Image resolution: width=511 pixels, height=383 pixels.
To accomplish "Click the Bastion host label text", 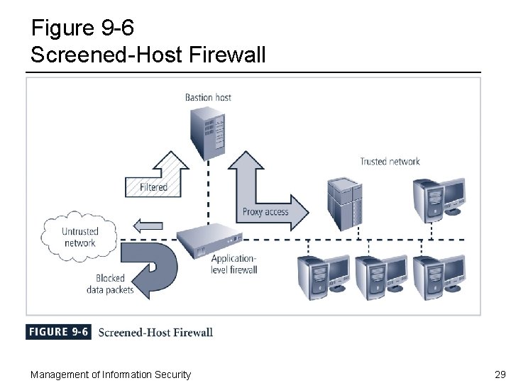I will (x=208, y=97).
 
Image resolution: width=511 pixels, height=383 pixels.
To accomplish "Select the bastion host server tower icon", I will (x=209, y=131).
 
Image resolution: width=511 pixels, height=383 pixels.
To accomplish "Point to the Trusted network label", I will (x=390, y=161).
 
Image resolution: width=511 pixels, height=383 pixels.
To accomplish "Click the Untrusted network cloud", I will (x=79, y=237).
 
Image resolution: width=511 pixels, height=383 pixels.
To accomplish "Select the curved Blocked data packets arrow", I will (x=152, y=268).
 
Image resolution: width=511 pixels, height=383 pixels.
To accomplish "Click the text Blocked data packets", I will (x=109, y=284).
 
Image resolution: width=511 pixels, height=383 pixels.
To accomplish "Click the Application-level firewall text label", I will (x=233, y=264).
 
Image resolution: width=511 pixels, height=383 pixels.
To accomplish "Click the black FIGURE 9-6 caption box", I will (x=58, y=332).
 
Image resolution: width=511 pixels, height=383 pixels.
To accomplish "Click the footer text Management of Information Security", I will (x=111, y=374).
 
